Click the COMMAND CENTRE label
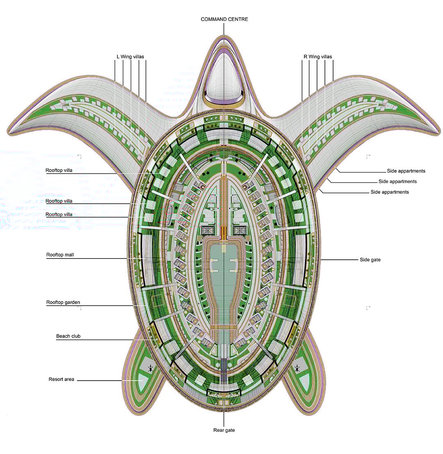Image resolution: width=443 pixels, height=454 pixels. (224, 19)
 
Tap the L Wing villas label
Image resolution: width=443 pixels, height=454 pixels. (130, 57)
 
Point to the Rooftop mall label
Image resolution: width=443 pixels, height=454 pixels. (60, 255)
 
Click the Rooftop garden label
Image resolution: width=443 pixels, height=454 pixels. (63, 302)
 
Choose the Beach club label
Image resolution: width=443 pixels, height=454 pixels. (68, 336)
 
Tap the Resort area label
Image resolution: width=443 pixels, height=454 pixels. (61, 379)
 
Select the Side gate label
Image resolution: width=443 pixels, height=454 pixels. (370, 260)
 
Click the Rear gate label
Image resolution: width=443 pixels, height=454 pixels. (224, 430)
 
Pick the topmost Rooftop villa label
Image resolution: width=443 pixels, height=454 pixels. (59, 170)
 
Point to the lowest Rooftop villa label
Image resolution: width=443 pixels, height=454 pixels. (59, 214)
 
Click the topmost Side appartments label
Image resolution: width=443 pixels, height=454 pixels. (406, 171)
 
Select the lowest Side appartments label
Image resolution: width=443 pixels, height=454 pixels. (389, 192)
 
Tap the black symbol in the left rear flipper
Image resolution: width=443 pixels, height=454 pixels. (151, 368)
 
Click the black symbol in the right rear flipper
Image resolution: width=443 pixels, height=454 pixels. (297, 368)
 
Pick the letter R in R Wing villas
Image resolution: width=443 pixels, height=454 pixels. (306, 57)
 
